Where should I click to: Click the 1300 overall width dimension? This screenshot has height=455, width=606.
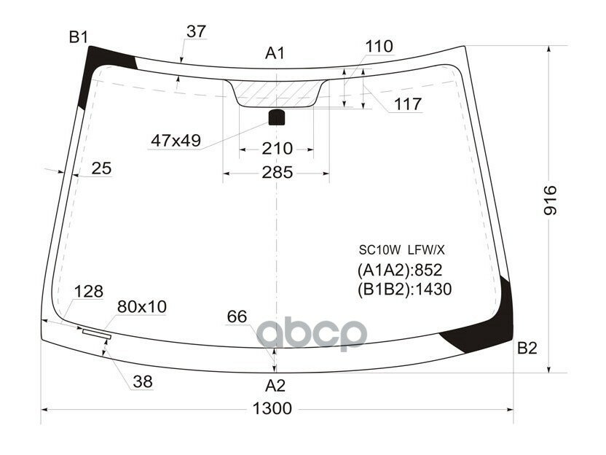(x=274, y=408)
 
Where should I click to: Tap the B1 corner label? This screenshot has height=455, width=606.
(x=78, y=37)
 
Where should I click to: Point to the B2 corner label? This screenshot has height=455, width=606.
(x=527, y=349)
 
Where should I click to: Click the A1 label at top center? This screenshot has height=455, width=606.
(x=275, y=53)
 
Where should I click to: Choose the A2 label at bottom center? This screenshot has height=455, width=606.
(x=275, y=385)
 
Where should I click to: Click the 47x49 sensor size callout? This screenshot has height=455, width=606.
(x=176, y=140)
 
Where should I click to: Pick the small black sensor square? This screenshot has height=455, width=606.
(x=277, y=117)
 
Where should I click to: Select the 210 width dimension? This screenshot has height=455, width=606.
(x=277, y=149)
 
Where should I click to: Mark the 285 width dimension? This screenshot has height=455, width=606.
(x=277, y=173)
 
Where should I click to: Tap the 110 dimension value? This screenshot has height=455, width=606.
(x=379, y=47)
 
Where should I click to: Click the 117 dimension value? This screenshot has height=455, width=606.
(x=408, y=104)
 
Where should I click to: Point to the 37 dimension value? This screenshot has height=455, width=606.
(x=196, y=31)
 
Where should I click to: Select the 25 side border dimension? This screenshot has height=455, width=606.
(x=101, y=168)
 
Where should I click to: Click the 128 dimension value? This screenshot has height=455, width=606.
(x=89, y=292)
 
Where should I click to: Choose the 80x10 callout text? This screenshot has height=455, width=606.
(x=142, y=307)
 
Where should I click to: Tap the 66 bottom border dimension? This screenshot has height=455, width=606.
(x=237, y=316)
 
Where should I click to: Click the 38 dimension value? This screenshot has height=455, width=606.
(x=143, y=381)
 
